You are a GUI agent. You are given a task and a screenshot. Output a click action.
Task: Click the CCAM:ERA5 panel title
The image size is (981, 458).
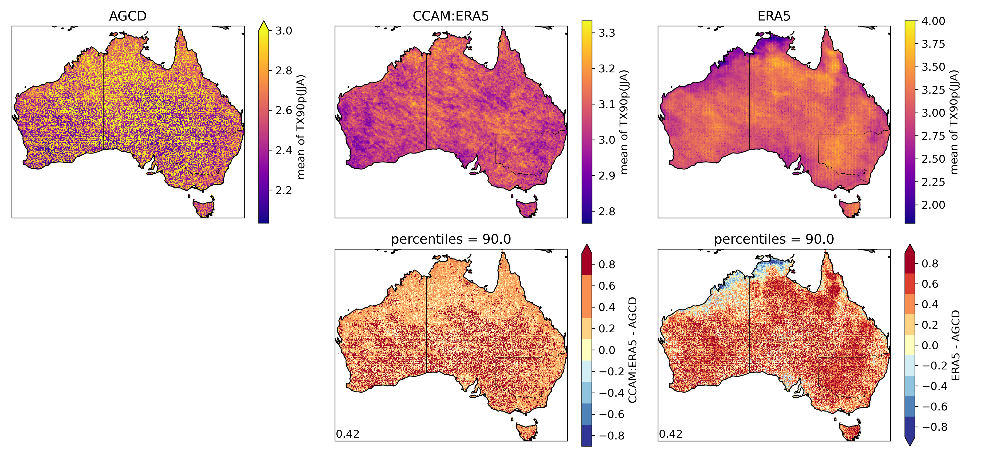click(451, 16)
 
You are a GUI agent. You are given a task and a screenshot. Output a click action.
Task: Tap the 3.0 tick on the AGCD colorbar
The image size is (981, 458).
click(284, 31)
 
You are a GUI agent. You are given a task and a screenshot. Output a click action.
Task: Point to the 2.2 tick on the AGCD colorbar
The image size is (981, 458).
click(284, 190)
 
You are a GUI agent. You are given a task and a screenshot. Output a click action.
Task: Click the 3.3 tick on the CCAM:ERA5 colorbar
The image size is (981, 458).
click(607, 33)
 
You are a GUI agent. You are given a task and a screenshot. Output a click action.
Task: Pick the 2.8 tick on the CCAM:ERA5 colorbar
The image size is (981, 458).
click(607, 212)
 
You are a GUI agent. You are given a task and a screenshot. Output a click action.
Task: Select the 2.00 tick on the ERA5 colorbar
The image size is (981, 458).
click(933, 205)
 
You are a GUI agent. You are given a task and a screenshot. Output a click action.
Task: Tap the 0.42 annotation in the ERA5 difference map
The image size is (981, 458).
click(670, 434)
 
